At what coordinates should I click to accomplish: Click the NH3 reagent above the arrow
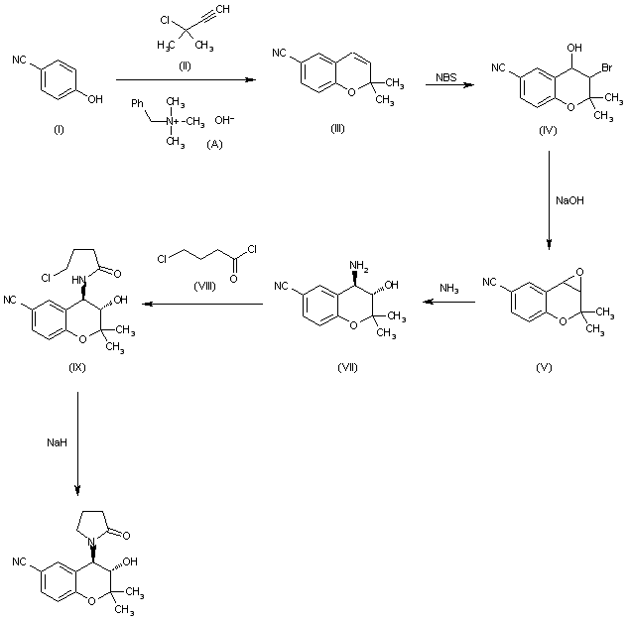pos(449,288)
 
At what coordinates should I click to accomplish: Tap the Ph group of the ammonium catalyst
pos(138,100)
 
